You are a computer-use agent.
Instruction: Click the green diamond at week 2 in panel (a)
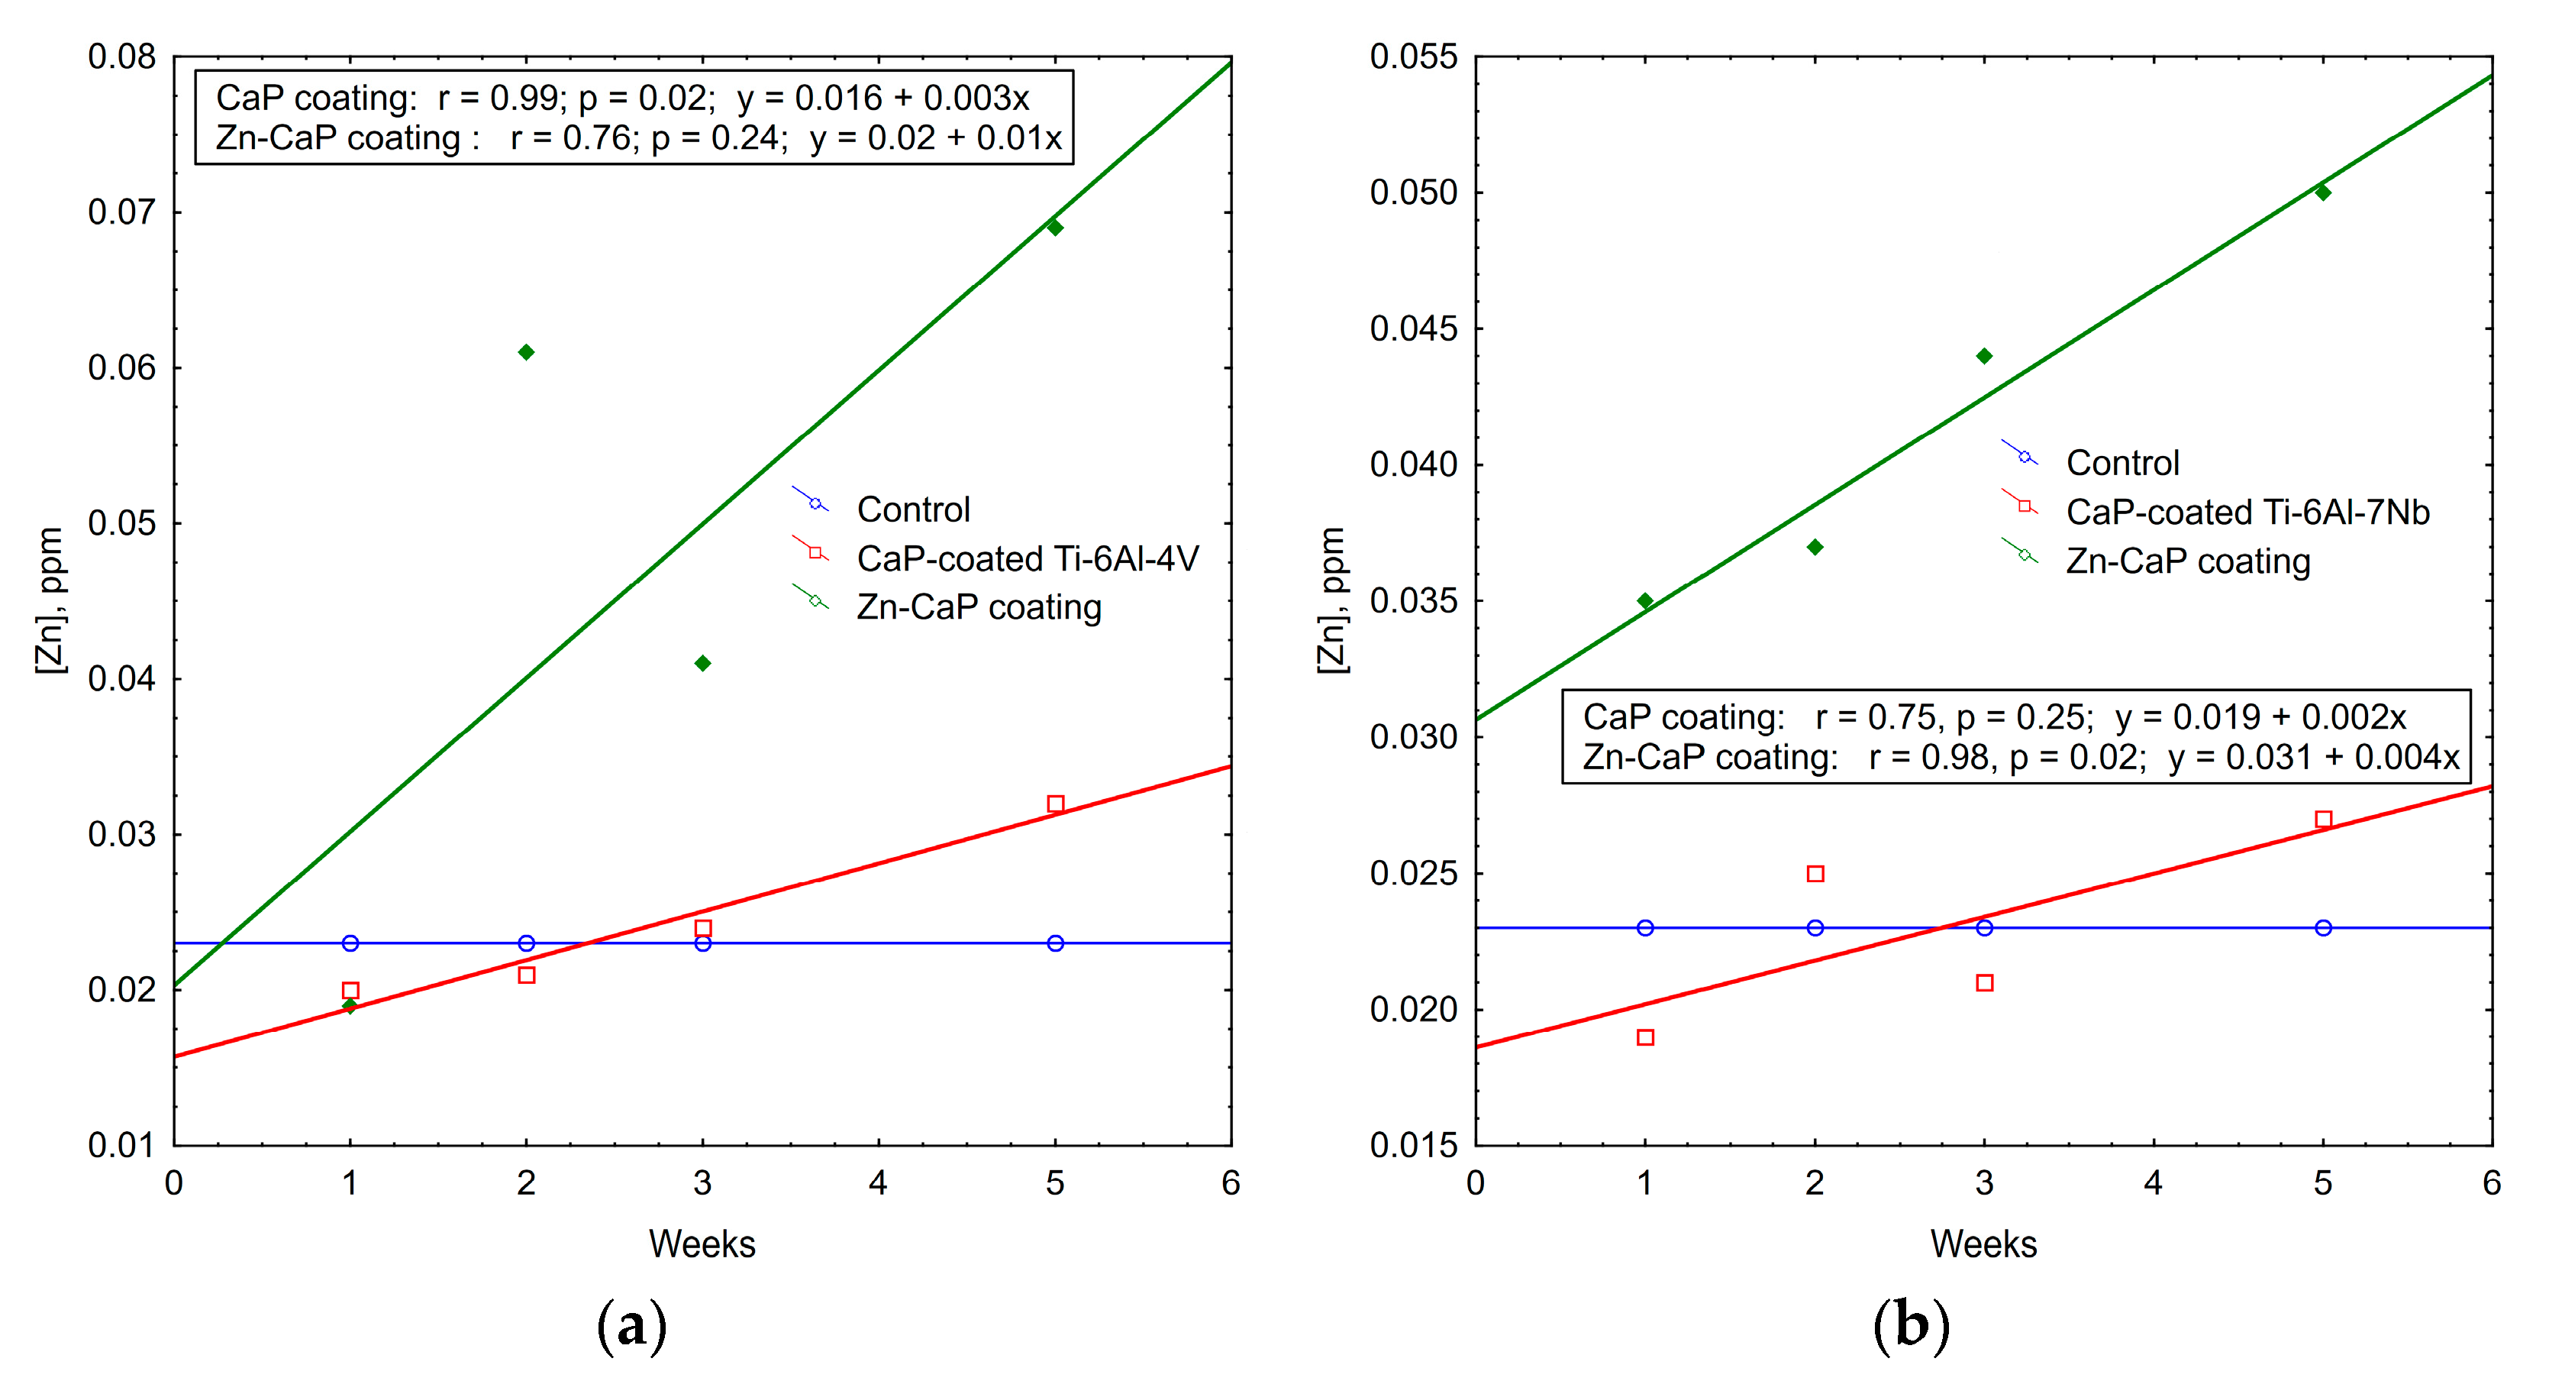tap(527, 352)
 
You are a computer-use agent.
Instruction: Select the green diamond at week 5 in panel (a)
tap(1055, 228)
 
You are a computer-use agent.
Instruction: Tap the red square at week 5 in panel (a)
tap(1056, 804)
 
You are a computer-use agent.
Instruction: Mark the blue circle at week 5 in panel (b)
tap(2323, 927)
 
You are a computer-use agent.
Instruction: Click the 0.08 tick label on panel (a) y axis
tap(121, 57)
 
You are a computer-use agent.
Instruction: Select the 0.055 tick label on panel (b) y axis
tap(1413, 57)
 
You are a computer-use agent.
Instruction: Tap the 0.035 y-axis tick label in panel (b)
tap(1413, 601)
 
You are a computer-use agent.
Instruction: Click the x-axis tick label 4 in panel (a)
tap(879, 1183)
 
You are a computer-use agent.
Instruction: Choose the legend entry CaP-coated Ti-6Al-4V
tap(1027, 559)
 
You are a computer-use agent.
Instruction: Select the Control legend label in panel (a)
tap(912, 509)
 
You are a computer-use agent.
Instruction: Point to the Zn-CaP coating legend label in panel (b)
tap(2188, 561)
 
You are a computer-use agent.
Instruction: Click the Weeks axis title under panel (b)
tap(1983, 1244)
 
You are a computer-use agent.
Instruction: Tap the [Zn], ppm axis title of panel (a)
tap(50, 601)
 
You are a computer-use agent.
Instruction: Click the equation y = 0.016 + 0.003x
tap(882, 98)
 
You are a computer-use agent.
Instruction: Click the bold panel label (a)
tap(632, 1325)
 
